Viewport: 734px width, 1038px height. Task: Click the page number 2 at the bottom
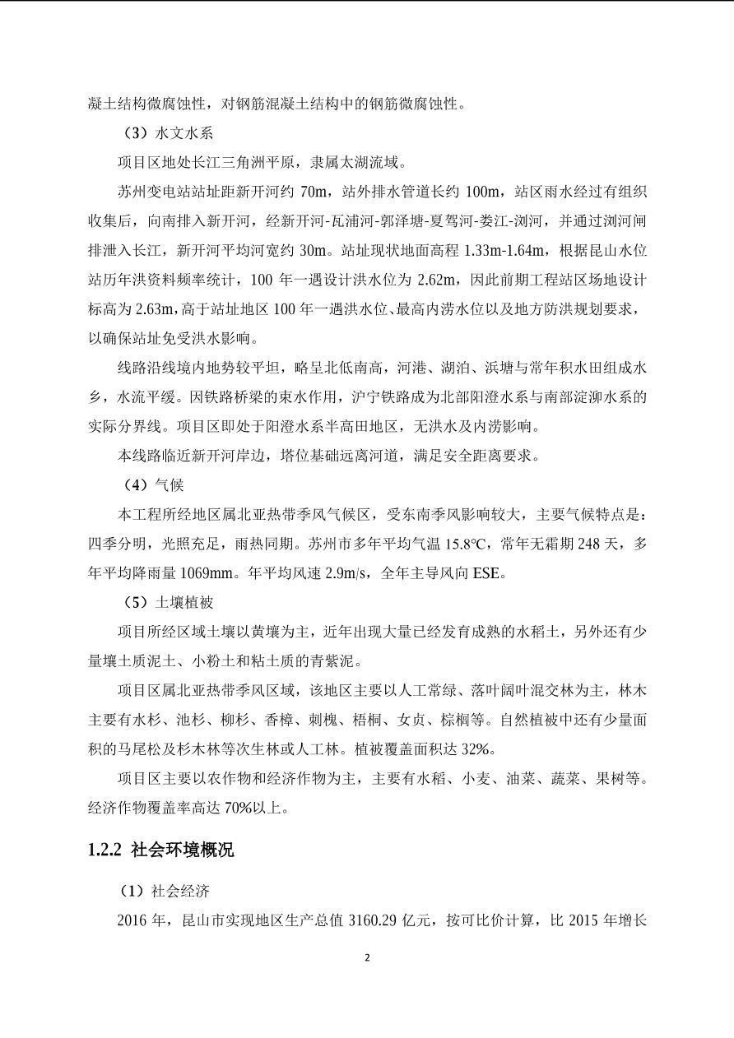click(367, 957)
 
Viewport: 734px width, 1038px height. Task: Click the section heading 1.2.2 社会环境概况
click(161, 850)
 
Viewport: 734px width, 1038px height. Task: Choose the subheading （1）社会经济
click(166, 891)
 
